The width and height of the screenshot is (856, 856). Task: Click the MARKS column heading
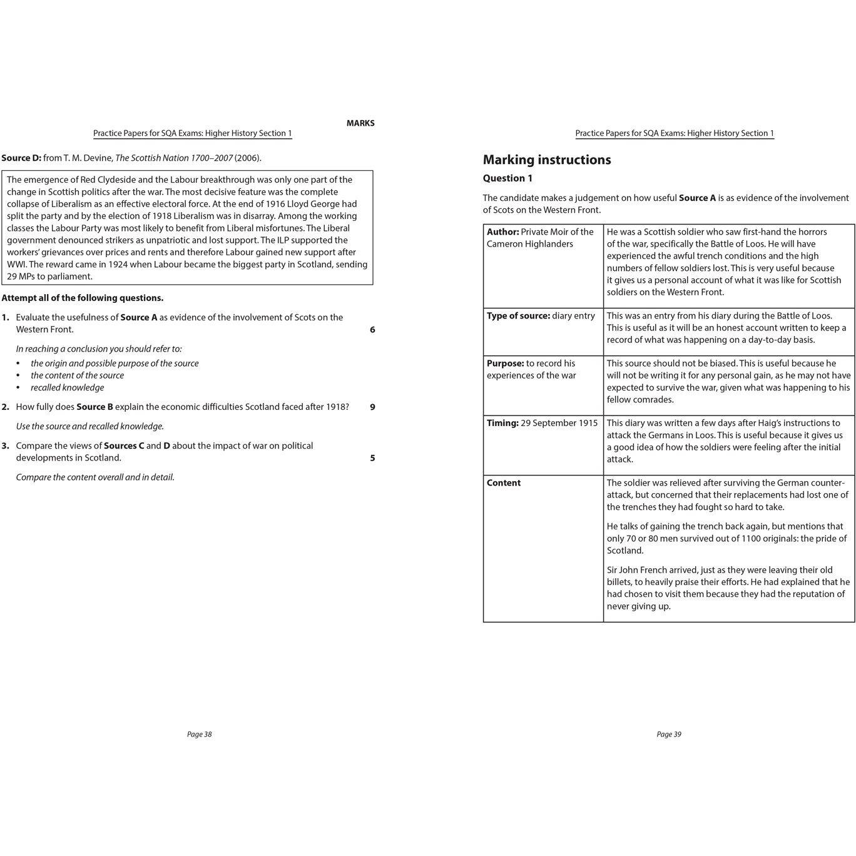click(x=360, y=123)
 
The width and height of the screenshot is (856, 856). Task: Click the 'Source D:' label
click(x=21, y=158)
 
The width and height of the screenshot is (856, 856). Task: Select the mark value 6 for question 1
click(x=372, y=330)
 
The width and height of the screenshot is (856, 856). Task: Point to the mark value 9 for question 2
click(x=372, y=407)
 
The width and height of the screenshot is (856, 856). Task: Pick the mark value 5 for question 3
click(x=372, y=458)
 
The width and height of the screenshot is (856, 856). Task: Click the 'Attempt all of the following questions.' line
click(x=83, y=298)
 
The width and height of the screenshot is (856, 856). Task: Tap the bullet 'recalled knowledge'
click(x=67, y=387)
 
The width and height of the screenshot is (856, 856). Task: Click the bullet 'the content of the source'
click(x=77, y=375)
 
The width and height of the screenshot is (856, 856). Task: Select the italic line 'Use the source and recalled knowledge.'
click(x=89, y=426)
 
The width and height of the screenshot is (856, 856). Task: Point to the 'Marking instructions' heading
click(x=546, y=160)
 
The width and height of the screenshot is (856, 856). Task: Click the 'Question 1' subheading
click(x=507, y=178)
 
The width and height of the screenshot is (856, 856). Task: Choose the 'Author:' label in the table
click(x=502, y=232)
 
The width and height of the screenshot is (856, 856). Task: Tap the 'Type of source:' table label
click(x=518, y=315)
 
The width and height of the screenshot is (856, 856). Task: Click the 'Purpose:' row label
click(x=505, y=363)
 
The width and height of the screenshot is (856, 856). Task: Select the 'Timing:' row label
click(x=502, y=423)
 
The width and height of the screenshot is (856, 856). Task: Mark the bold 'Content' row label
click(x=503, y=482)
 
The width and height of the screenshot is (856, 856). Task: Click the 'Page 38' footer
click(x=199, y=734)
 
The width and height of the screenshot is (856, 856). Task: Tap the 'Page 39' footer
click(x=668, y=734)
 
